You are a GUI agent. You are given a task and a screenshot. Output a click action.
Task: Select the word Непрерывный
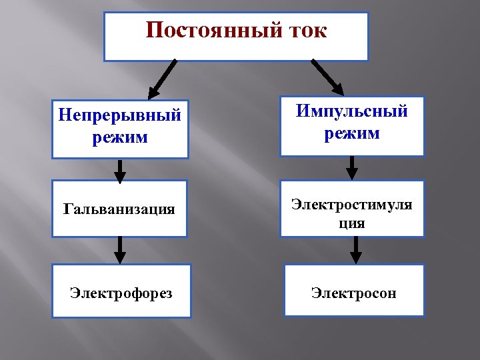pos(120,115)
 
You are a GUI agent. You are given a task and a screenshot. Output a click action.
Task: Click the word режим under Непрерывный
pos(120,138)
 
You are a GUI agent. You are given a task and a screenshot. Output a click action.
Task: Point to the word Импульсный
pos(352,111)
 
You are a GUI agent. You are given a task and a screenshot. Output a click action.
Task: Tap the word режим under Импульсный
pos(352,133)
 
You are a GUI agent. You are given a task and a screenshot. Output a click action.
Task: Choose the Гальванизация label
pos(119,209)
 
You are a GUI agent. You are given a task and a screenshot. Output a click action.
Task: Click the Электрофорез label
pos(121,293)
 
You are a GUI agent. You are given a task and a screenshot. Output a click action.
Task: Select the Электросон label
pos(353,293)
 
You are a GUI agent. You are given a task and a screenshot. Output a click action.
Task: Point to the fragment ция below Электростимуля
pos(353,223)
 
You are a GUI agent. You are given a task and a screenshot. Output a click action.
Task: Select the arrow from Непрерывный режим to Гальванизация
pos(120,170)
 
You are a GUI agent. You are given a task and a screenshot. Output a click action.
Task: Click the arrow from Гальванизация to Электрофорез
pos(120,250)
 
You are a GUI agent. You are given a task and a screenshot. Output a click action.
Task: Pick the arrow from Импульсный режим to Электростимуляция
pos(353,168)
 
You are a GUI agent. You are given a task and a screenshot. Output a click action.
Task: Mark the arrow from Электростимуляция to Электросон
pos(356,250)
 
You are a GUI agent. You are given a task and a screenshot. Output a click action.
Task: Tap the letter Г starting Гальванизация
pos(67,209)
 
